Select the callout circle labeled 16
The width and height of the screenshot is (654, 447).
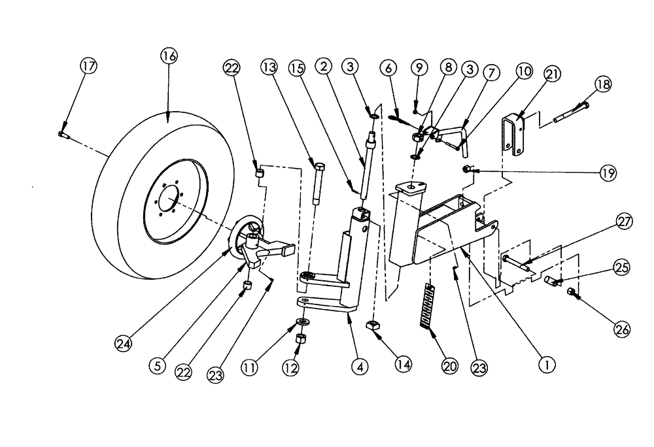point(168,56)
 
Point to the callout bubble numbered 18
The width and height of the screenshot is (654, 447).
point(602,84)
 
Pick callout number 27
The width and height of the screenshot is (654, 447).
point(624,222)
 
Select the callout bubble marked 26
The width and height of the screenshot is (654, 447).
point(621,331)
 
